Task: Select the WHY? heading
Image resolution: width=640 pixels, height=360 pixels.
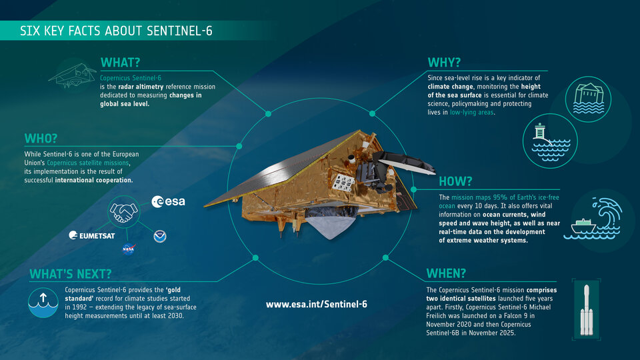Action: pyautogui.click(x=444, y=63)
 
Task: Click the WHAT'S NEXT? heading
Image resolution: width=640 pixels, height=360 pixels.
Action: pyautogui.click(x=70, y=273)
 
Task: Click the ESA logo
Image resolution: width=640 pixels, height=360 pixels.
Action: pyautogui.click(x=168, y=201)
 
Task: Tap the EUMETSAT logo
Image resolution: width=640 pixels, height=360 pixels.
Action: pyautogui.click(x=92, y=235)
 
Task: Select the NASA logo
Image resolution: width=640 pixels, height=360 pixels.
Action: pyautogui.click(x=128, y=249)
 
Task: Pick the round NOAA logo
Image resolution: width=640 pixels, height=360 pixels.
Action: pyautogui.click(x=160, y=235)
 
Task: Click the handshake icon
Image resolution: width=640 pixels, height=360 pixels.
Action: pyautogui.click(x=123, y=212)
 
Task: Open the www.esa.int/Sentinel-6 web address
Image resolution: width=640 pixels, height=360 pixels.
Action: pyautogui.click(x=316, y=304)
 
